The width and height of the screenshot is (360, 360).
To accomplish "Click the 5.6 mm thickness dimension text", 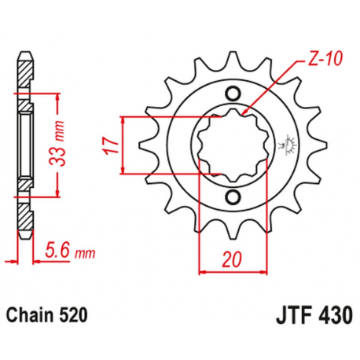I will [66, 253].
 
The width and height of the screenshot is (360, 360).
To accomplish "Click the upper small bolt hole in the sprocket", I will [232, 94].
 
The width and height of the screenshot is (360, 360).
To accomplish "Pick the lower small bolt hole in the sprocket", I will [232, 195].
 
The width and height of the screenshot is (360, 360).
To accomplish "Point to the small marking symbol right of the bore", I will [285, 145].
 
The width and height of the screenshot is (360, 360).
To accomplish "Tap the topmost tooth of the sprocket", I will [232, 56].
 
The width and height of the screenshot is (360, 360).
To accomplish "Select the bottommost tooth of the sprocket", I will [232, 233].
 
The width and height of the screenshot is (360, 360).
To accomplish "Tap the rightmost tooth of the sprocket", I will [318, 145].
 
